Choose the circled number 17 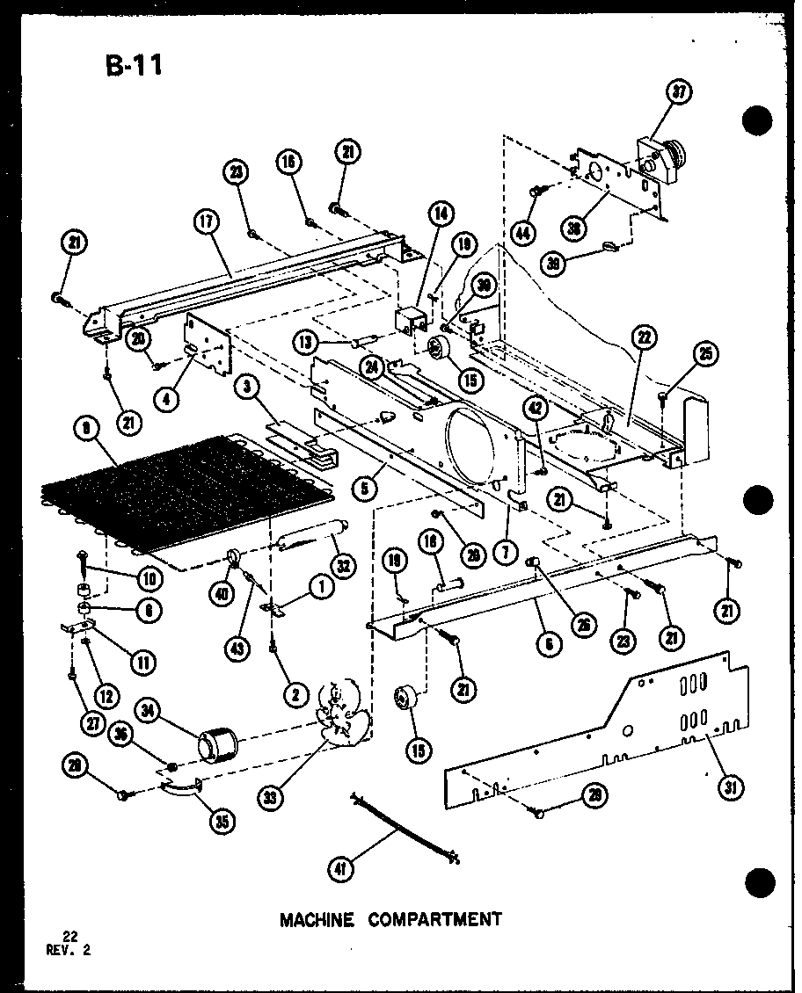[x=207, y=222]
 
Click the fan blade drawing [x=339, y=714]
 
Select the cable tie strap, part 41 [x=405, y=828]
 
